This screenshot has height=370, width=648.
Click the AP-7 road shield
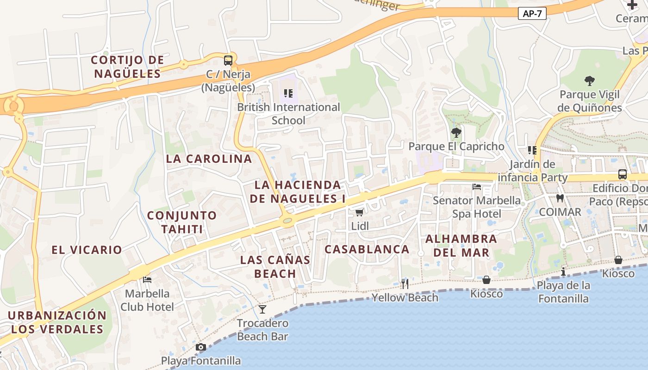532,14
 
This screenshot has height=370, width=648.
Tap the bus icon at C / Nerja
228,60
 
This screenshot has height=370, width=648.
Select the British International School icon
288,93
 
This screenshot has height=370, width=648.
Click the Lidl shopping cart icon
359,213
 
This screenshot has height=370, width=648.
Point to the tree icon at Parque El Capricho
456,133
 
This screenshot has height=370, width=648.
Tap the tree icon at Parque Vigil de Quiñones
589,81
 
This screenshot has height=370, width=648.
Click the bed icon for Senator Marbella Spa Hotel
477,187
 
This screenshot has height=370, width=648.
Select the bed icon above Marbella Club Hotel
147,279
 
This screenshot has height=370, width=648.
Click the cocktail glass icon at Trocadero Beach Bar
262,309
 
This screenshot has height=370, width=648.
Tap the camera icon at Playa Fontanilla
200,347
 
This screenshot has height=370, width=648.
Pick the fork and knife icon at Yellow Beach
405,284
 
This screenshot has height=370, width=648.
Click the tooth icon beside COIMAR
560,198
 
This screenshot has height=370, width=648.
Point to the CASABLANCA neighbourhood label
367,249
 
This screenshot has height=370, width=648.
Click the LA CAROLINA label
209,159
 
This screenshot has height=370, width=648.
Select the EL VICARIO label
87,250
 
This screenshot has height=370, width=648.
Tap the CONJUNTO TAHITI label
181,222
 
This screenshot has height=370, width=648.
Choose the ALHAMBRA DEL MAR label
461,246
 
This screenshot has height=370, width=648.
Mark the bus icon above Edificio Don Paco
623,174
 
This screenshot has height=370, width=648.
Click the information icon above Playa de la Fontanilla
563,271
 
